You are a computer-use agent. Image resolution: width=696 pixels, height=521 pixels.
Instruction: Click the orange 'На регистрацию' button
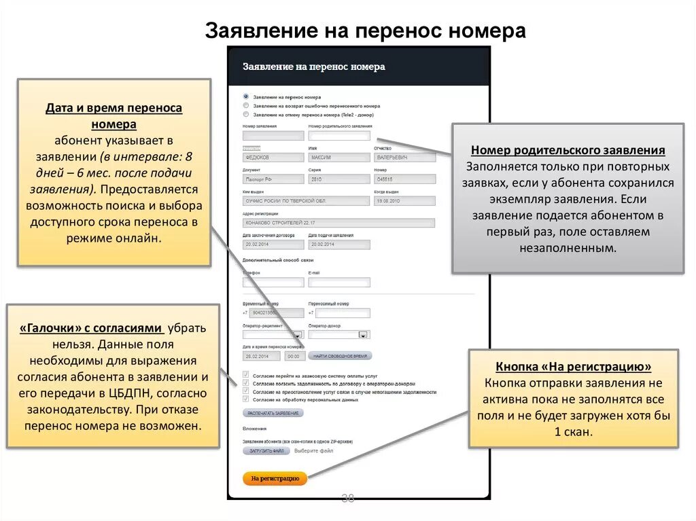point(275,478)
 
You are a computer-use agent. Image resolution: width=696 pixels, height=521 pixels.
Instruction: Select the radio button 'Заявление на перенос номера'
point(246,97)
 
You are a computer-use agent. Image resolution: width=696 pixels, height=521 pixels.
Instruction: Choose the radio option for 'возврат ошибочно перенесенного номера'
point(246,106)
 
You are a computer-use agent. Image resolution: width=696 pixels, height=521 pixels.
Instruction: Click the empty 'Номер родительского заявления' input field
point(338,136)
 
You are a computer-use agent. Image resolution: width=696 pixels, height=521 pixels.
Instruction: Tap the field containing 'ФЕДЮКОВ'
point(273,158)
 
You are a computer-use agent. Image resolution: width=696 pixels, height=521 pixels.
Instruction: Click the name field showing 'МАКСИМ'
point(338,158)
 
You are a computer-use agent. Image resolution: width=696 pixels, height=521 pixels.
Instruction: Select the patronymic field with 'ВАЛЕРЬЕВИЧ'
point(404,158)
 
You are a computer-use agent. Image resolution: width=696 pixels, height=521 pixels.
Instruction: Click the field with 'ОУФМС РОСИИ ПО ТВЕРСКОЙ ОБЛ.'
point(305,201)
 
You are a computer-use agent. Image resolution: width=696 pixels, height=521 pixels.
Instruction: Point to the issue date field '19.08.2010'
point(404,201)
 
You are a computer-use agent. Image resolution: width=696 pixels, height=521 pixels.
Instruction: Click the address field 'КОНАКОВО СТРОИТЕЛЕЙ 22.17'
point(338,223)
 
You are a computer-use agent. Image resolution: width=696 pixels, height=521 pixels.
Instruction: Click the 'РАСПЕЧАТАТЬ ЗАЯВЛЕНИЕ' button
point(273,412)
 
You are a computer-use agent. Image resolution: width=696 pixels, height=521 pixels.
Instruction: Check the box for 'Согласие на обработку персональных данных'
point(246,399)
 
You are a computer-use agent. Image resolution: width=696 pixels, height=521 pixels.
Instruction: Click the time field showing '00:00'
point(295,356)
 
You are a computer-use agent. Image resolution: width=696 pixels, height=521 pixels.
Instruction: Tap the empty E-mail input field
point(338,282)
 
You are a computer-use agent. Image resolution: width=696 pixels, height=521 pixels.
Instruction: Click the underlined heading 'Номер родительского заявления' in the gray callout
point(568,151)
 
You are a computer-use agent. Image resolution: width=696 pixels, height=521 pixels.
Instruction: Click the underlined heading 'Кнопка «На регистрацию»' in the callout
point(574,367)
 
